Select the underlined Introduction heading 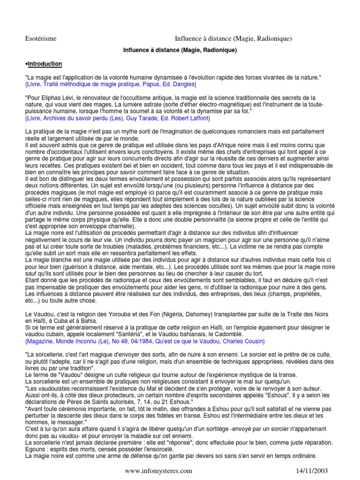pos(45,63)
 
